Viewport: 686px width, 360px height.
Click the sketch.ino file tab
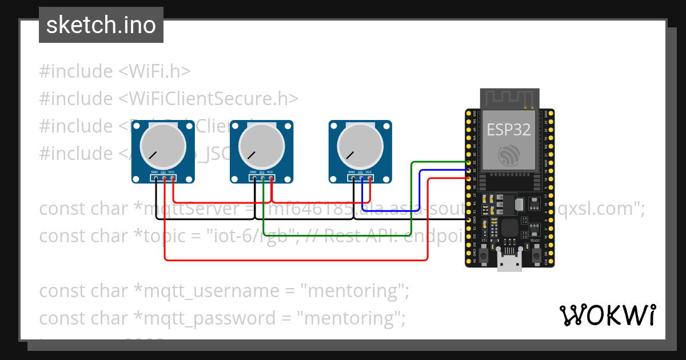click(x=101, y=25)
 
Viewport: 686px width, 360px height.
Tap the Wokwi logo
click(x=607, y=315)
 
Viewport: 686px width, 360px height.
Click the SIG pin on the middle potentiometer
click(x=262, y=178)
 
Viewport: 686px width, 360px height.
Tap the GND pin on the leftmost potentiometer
click(x=155, y=178)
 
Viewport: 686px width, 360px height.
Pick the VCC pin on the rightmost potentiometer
click(x=369, y=178)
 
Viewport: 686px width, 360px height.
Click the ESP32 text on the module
click(x=508, y=129)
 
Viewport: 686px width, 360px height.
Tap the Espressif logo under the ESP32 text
click(x=508, y=155)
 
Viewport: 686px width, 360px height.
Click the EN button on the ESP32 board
click(x=484, y=256)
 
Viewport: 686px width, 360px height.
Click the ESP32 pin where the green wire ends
click(x=469, y=162)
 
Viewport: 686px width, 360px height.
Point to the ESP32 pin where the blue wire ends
click(x=469, y=170)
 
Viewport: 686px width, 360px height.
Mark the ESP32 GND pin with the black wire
click(x=469, y=219)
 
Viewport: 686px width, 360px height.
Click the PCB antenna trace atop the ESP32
click(x=509, y=98)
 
